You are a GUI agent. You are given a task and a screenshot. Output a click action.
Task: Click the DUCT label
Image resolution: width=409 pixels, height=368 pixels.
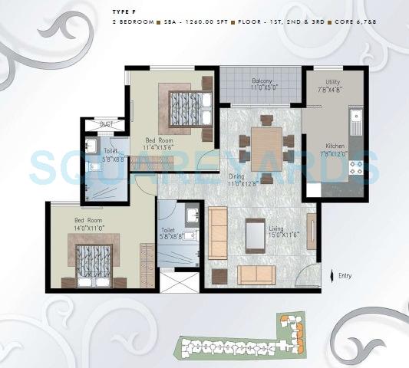click(105, 124)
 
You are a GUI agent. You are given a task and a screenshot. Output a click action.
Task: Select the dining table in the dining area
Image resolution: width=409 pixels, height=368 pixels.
click(266, 143)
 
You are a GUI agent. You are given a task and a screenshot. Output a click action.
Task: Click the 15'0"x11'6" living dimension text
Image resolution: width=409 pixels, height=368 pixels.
click(282, 235)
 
